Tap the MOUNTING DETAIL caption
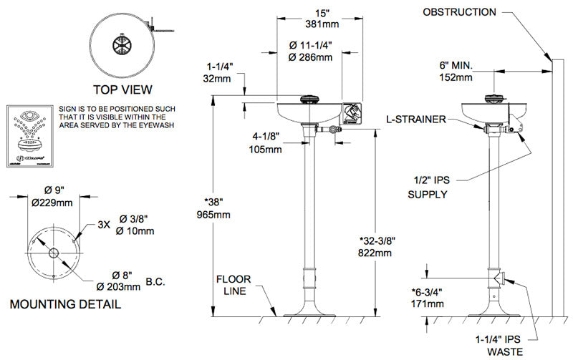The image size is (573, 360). [x=65, y=304]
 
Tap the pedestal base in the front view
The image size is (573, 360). [x=309, y=311]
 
